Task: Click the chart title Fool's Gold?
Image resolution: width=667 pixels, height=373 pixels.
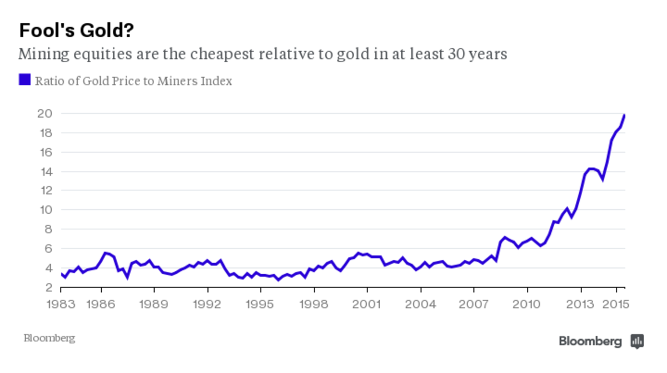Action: (x=77, y=31)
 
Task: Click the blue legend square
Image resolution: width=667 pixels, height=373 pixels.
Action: (x=24, y=80)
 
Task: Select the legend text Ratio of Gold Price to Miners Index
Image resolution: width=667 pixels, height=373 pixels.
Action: (x=133, y=81)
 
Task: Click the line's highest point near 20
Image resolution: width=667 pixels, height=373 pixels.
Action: (x=624, y=115)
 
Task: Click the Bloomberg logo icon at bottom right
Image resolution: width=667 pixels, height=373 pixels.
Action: (x=637, y=341)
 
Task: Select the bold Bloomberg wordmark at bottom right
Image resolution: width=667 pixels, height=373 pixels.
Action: (x=590, y=341)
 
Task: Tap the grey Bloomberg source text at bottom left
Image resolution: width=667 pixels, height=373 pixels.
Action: (x=49, y=338)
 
